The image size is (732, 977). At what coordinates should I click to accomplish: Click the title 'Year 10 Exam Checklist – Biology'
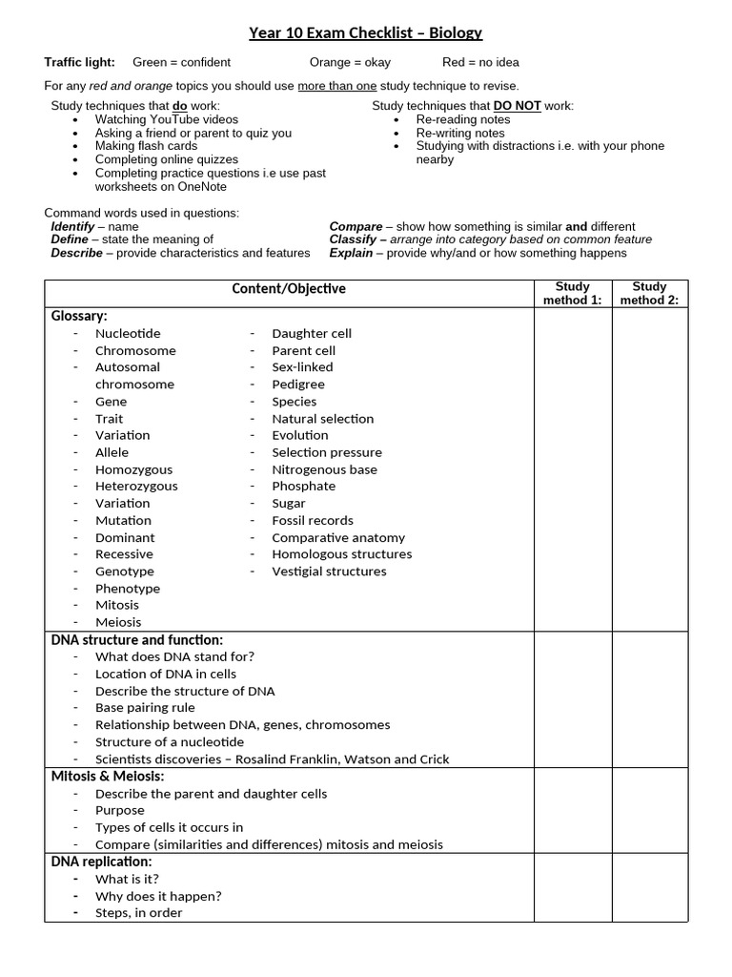click(x=366, y=33)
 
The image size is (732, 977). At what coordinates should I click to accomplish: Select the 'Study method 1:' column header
click(x=572, y=293)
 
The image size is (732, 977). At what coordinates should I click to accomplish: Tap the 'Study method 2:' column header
click(x=649, y=293)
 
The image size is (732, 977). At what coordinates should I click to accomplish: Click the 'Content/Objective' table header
click(x=289, y=288)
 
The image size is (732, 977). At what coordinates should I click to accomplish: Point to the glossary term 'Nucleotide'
click(x=128, y=333)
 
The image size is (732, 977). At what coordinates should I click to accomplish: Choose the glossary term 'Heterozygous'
click(x=136, y=486)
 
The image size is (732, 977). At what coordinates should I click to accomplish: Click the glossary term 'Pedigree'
click(x=298, y=385)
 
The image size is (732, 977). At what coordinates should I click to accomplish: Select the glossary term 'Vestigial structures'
click(x=329, y=572)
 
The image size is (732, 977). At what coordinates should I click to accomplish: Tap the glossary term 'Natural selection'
click(x=323, y=419)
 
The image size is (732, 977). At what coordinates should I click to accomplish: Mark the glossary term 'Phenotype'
click(x=128, y=589)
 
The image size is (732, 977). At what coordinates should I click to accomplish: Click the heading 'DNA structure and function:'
click(x=137, y=640)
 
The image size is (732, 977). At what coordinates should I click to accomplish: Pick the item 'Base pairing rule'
click(x=145, y=708)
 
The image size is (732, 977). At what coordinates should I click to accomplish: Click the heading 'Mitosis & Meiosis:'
click(x=109, y=777)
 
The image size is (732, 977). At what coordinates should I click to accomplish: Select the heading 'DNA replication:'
click(x=101, y=862)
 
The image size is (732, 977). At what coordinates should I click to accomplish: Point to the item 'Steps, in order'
click(x=138, y=913)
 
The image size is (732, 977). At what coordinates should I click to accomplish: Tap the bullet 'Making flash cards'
click(x=146, y=146)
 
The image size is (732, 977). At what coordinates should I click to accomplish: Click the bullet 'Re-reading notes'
click(x=463, y=119)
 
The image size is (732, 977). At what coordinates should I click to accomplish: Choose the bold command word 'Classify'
click(x=353, y=239)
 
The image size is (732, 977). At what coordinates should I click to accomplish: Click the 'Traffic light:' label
click(x=80, y=62)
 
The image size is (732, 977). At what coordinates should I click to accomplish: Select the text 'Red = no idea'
click(x=480, y=62)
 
